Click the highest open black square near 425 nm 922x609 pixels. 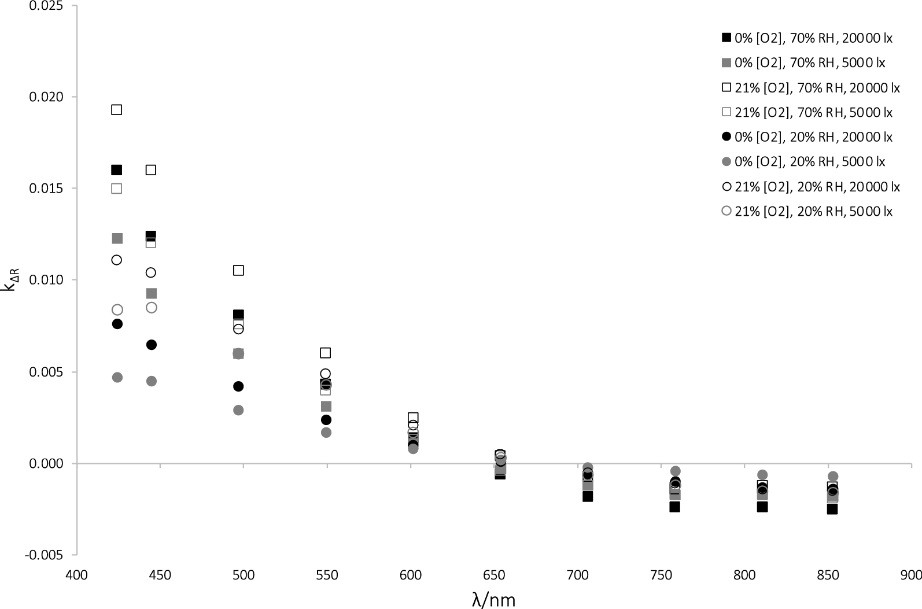117,110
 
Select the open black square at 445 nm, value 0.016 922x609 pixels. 151,170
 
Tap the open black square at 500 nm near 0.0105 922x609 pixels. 238,271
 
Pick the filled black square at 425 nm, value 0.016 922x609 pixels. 117,170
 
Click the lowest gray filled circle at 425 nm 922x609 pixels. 117,378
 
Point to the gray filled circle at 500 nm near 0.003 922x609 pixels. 238,410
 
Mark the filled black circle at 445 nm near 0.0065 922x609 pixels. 152,345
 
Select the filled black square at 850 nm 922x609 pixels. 832,509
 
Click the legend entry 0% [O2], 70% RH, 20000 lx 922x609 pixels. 807,38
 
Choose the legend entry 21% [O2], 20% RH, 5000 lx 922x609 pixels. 807,212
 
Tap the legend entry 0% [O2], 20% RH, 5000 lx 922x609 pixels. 803,162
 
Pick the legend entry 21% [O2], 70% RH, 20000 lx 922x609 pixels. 810,88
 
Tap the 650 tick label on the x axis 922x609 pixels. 494,575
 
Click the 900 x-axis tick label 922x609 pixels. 911,575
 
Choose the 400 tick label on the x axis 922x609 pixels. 76,575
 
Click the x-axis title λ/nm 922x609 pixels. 493,599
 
